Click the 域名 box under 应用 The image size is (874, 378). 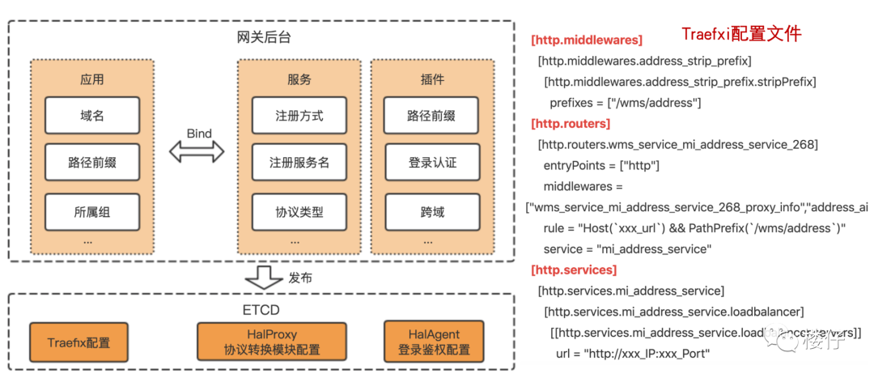point(92,116)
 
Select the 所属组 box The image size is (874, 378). point(92,212)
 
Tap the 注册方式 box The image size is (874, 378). point(299,116)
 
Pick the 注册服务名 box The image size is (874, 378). point(299,163)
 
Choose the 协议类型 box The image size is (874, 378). point(299,212)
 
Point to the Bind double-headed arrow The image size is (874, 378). point(197,151)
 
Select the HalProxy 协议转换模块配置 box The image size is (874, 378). point(271,342)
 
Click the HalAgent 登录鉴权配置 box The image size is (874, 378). point(434,342)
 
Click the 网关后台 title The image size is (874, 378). point(262,37)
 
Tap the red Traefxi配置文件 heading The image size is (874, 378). point(740,34)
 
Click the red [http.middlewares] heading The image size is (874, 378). point(586,40)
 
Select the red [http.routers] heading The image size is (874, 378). point(571,124)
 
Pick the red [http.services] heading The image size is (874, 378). point(574,270)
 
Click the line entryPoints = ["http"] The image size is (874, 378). point(601,166)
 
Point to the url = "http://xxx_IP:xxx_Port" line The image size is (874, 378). point(633,354)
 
